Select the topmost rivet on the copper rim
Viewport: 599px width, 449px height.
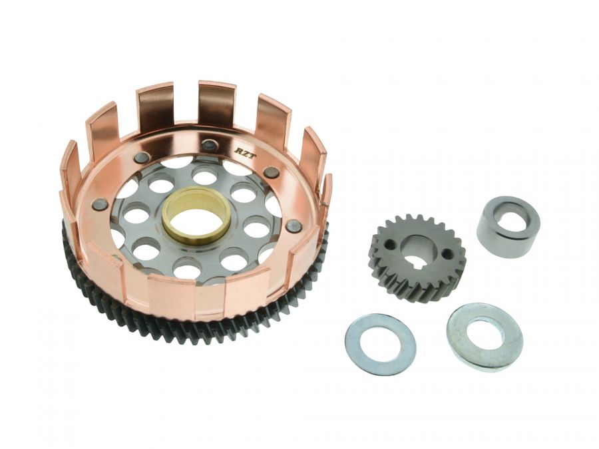[x=209, y=144]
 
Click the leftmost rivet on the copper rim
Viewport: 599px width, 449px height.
[x=100, y=204]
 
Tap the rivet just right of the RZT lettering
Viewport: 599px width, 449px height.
[x=271, y=172]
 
